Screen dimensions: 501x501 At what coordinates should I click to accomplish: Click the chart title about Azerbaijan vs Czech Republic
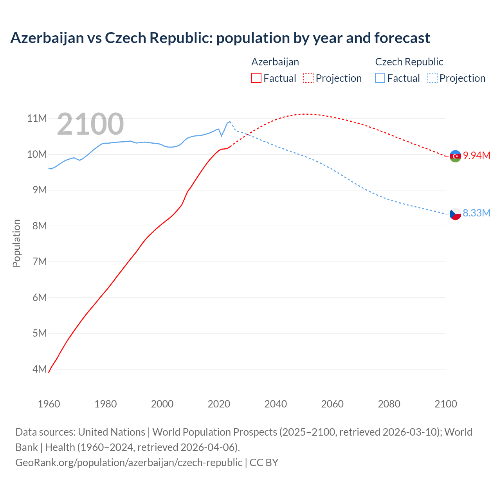[x=220, y=38]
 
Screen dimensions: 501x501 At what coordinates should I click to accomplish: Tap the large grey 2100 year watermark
[x=90, y=124]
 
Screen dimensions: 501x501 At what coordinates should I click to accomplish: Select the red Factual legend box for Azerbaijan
[x=256, y=78]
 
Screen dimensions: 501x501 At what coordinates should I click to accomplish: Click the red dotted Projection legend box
[x=308, y=78]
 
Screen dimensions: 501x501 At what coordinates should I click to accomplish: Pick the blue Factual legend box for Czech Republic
[x=380, y=78]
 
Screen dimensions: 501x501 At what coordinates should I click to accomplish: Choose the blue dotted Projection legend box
[x=432, y=78]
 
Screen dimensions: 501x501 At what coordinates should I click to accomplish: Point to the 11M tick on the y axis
[x=37, y=118]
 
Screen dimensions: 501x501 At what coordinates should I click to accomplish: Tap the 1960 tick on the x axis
[x=49, y=404]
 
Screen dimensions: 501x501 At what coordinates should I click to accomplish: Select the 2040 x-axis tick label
[x=276, y=404]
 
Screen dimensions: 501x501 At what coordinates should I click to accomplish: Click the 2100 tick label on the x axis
[x=445, y=404]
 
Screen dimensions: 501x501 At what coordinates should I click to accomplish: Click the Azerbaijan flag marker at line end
[x=455, y=156]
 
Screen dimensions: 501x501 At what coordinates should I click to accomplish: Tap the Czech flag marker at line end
[x=455, y=214]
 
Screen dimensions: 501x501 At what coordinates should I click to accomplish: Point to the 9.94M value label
[x=477, y=155]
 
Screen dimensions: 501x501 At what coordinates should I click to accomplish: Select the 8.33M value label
[x=476, y=213]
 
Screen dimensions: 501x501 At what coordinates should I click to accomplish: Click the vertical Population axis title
[x=16, y=243]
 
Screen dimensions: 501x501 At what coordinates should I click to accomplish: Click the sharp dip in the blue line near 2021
[x=222, y=136]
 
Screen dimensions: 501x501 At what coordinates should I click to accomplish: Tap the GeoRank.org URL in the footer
[x=129, y=462]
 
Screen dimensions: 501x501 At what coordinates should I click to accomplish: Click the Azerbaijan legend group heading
[x=275, y=62]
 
